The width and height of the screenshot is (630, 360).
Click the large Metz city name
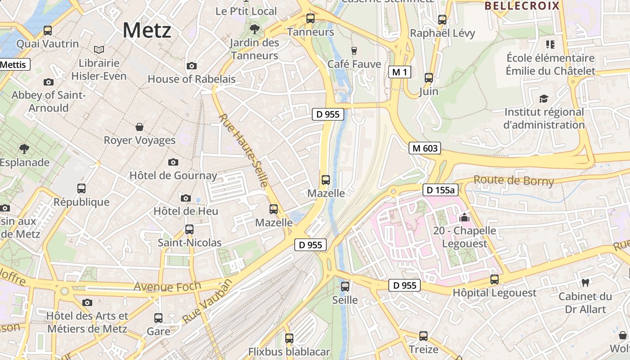coord(147,31)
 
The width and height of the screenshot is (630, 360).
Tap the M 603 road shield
coord(424,148)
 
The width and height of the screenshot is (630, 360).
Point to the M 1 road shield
coord(400,72)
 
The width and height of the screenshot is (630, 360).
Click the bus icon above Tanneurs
coord(310,18)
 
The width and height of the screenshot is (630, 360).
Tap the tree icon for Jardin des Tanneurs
coord(254,30)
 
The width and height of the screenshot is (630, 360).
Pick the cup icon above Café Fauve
coord(354,50)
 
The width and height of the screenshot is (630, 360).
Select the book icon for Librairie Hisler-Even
coord(99,49)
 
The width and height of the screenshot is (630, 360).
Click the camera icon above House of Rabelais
coord(191,66)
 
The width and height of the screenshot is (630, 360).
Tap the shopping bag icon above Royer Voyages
coord(139,127)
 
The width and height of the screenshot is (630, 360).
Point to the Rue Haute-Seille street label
coord(244,150)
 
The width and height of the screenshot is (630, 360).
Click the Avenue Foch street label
coord(161,286)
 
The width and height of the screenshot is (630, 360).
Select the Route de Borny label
coord(513,181)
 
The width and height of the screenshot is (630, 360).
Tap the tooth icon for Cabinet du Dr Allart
coord(585,283)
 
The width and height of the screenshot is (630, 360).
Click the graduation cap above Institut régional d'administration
coord(544,99)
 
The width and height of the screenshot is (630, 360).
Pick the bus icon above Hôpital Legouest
coord(495,279)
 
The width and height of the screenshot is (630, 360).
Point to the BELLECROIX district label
coord(522,6)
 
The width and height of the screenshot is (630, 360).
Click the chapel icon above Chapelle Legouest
coord(464,218)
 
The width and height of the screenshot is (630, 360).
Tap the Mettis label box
coord(13,64)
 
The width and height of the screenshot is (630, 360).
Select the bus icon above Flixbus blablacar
coord(289,338)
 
